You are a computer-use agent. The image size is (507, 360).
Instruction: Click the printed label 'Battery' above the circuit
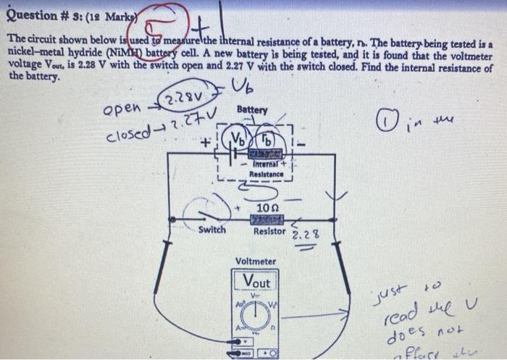251,110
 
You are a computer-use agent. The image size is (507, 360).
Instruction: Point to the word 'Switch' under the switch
212,230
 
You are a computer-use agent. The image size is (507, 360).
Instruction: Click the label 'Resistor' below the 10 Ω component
269,231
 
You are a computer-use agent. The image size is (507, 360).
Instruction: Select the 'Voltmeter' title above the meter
255,261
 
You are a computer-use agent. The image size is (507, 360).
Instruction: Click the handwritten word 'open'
121,111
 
